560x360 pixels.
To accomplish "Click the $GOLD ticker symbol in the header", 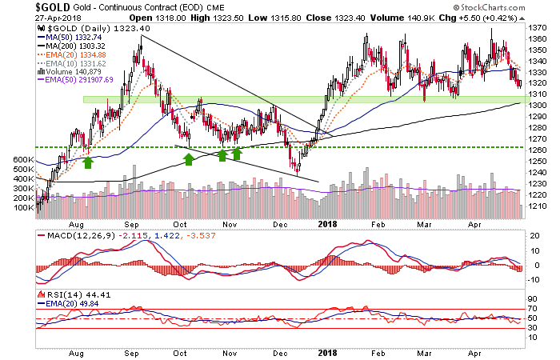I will tap(20, 9).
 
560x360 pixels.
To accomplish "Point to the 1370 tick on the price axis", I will tap(538, 26).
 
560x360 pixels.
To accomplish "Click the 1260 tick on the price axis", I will tap(538, 149).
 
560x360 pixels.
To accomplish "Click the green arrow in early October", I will tap(189, 160).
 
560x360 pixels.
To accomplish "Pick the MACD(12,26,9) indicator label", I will tap(73, 236).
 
